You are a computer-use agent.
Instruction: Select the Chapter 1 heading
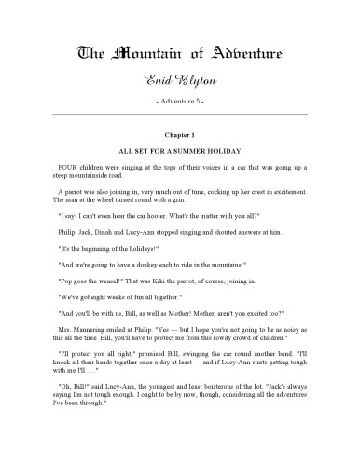tap(180, 134)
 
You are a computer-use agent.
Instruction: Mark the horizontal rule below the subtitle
tap(180, 113)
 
